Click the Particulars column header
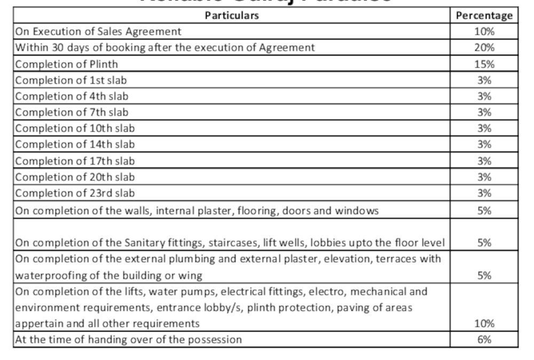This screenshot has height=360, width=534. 231,15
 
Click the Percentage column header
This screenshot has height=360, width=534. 484,15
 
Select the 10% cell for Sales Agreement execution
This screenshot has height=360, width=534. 484,32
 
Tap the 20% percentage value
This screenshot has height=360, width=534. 484,48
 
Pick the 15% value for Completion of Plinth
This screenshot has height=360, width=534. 484,64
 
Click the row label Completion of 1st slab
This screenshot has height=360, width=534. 71,81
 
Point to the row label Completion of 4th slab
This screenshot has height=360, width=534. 72,97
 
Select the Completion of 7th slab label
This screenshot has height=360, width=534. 72,113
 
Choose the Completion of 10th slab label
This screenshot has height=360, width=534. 75,129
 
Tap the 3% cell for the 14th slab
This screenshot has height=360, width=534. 484,145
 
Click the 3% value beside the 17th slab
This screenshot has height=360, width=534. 484,161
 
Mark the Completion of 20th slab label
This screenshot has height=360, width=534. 75,177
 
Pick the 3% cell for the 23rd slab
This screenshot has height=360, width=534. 484,193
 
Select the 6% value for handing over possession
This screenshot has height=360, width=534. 484,340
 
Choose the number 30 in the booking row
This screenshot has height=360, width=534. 58,48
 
